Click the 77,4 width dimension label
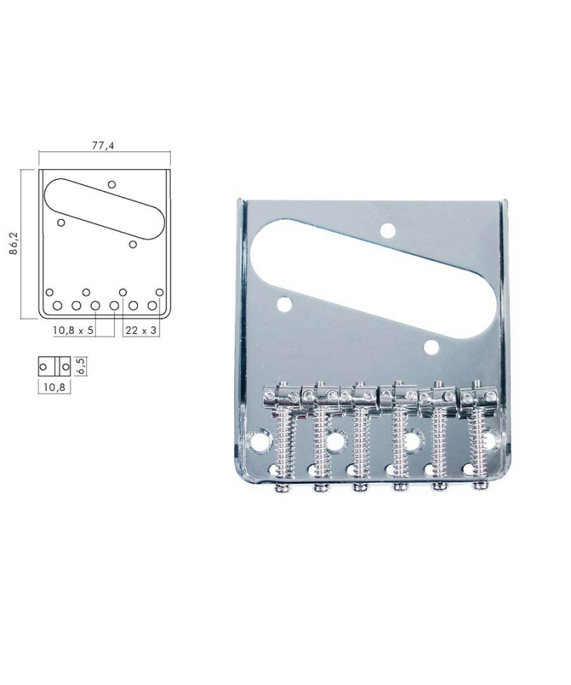(x=103, y=146)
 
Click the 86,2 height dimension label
(x=14, y=244)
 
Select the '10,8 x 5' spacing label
(x=73, y=330)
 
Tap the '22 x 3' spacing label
(x=141, y=330)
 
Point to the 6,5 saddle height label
(x=81, y=366)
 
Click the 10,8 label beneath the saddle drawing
(x=54, y=387)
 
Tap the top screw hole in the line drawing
(x=112, y=184)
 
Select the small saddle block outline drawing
(x=54, y=367)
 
